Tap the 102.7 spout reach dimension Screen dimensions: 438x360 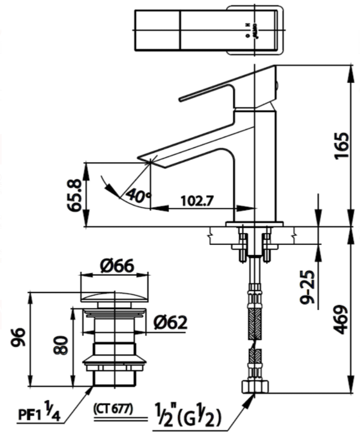(x=197, y=201)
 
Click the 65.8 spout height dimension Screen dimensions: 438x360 (x=75, y=195)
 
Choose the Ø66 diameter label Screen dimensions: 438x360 (x=117, y=266)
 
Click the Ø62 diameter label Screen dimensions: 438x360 (x=170, y=323)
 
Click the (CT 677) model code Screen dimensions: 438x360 (x=113, y=409)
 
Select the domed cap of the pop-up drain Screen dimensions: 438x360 (x=117, y=298)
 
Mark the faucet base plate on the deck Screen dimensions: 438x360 (x=254, y=223)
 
